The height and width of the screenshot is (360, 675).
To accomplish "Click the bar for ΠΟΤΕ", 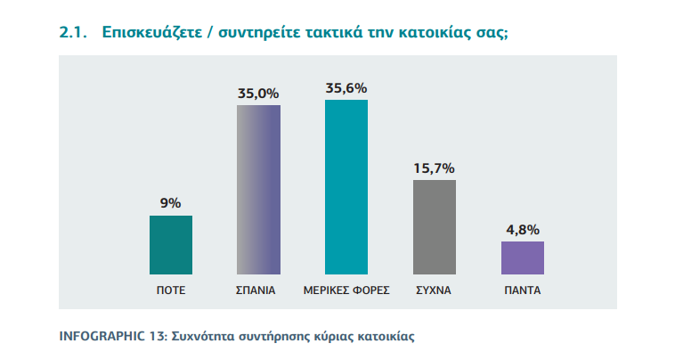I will (170, 244).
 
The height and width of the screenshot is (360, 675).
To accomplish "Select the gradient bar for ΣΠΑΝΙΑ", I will (258, 189).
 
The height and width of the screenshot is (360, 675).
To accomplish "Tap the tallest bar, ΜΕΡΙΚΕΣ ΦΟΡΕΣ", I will (346, 186).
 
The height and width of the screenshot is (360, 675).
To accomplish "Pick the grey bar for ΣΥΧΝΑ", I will (435, 226).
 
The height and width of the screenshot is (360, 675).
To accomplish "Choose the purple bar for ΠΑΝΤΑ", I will (523, 257).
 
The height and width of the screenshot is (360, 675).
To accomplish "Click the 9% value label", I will (170, 203).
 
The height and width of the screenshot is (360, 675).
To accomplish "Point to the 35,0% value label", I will (258, 93).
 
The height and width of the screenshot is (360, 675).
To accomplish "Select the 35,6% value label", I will (346, 87).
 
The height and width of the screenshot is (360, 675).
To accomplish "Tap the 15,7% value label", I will (435, 168).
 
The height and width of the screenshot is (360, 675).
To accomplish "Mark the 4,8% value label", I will (523, 229).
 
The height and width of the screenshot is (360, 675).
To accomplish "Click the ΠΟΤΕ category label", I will (170, 290).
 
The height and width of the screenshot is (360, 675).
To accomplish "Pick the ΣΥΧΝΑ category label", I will (435, 290).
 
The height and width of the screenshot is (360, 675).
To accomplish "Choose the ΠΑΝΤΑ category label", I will (523, 290).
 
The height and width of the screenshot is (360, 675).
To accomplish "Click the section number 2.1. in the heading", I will (72, 33).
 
